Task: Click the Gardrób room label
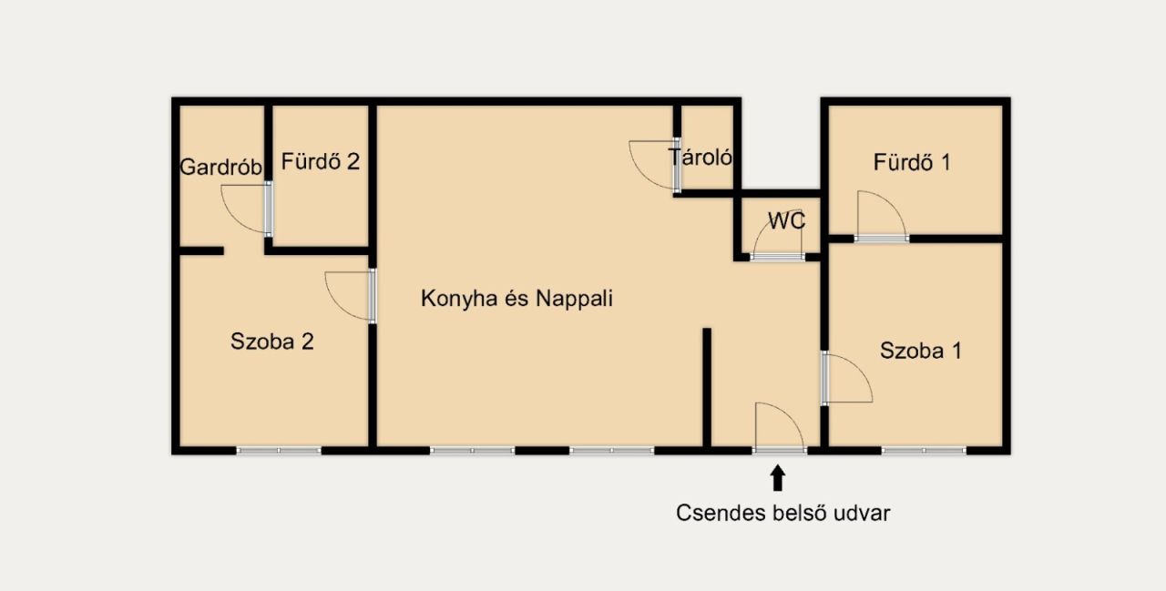(x=220, y=167)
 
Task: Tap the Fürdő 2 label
(x=320, y=161)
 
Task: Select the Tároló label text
(x=701, y=157)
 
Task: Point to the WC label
(x=786, y=220)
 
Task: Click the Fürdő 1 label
(x=912, y=162)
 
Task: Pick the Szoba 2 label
(x=271, y=341)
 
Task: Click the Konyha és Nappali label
(x=517, y=298)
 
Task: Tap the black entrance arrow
(x=778, y=477)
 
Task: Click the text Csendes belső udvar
(x=782, y=513)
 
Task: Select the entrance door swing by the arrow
(x=780, y=426)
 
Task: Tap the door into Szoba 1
(x=847, y=378)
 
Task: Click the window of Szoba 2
(x=279, y=451)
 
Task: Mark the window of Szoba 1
(x=924, y=451)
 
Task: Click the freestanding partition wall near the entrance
(x=707, y=388)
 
